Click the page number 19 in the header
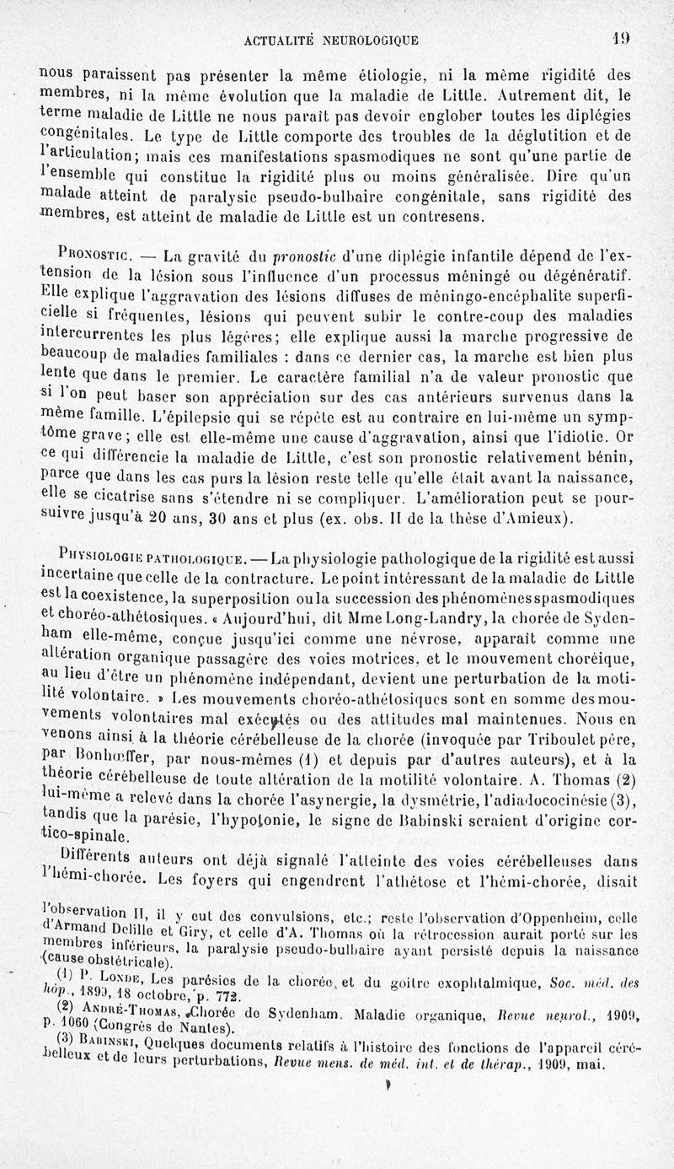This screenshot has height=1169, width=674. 622,38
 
